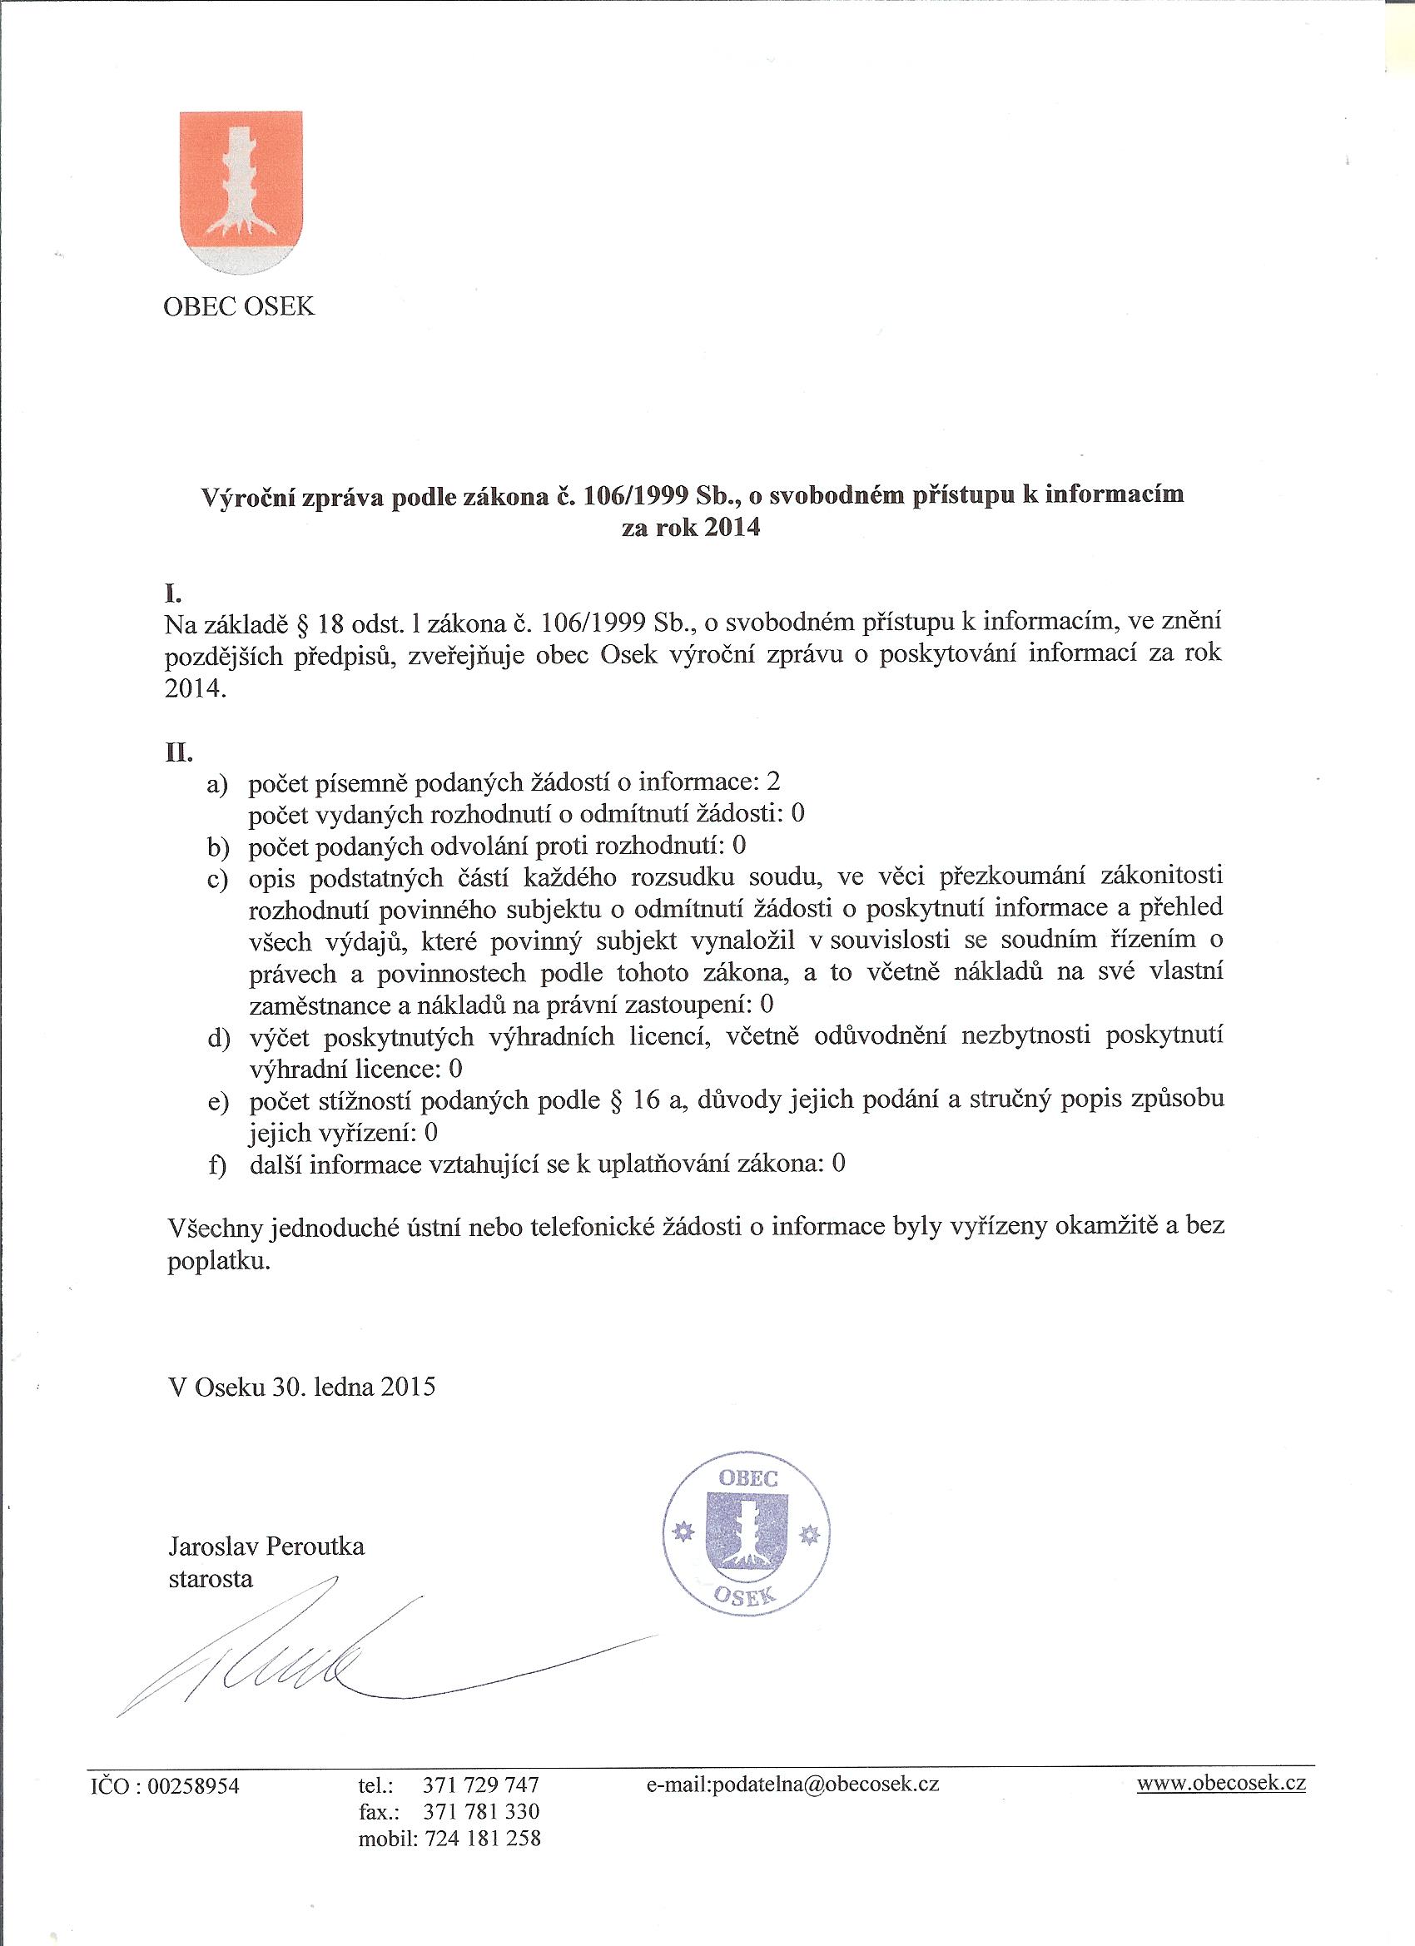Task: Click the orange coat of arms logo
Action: coord(241,193)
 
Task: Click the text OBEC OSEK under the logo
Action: coord(240,306)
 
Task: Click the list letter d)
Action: coord(219,1039)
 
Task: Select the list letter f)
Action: coord(218,1167)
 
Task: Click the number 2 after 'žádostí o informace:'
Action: coord(776,782)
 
